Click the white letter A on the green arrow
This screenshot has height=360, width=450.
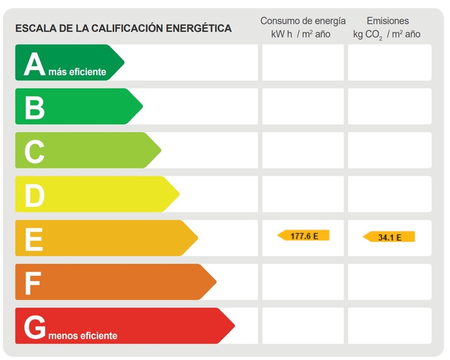(x=35, y=64)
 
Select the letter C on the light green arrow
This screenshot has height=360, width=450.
(x=35, y=152)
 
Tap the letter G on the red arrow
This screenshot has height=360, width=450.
(x=35, y=327)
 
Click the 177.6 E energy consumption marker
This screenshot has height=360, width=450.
(x=304, y=235)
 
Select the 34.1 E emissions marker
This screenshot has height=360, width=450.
(x=389, y=237)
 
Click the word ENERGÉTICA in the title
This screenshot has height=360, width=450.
(x=199, y=29)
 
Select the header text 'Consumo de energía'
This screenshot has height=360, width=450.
(x=303, y=21)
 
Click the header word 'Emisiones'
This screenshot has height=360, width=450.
(x=387, y=21)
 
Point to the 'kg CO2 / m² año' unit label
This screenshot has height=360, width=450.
(x=387, y=35)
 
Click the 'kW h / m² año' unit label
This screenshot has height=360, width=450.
(x=301, y=34)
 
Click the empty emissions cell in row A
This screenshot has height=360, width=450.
(x=390, y=63)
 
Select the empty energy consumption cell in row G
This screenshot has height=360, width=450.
(x=303, y=326)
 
